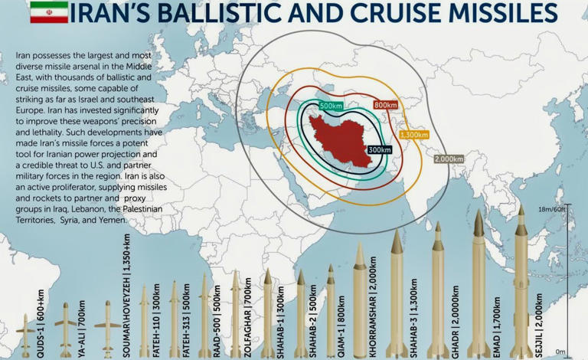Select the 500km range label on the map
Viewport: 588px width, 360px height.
click(330, 106)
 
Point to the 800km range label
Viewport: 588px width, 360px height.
click(385, 105)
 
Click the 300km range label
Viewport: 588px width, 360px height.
click(379, 150)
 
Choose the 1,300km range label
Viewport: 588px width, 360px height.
click(413, 135)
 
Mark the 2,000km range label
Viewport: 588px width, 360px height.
click(449, 159)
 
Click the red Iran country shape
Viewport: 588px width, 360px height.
click(341, 139)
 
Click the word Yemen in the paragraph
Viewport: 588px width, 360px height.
click(115, 221)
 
